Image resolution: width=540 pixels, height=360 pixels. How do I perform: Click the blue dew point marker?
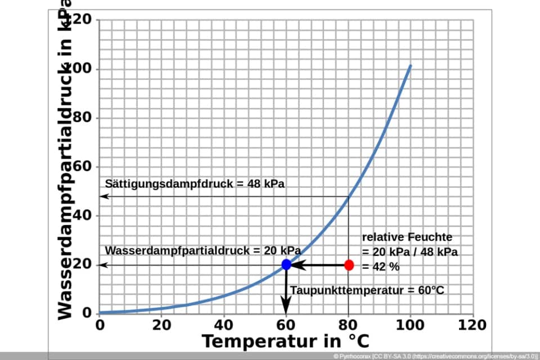(x=286, y=264)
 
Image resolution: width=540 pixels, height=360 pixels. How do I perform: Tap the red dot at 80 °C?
(x=349, y=265)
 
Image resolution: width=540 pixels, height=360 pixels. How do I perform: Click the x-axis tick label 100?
(x=411, y=325)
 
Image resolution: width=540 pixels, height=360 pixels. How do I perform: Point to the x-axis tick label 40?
(x=224, y=325)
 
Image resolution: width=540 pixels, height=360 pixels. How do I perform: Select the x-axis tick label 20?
(x=161, y=325)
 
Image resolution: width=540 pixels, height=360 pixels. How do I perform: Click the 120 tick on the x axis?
(x=473, y=325)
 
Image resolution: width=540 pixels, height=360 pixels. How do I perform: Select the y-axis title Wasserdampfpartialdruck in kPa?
(x=66, y=163)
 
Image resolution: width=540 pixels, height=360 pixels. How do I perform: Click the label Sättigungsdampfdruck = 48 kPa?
(x=195, y=184)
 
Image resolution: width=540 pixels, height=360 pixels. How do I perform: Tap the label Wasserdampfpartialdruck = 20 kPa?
(x=202, y=250)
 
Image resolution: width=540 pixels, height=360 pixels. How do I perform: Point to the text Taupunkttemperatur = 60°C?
(x=367, y=290)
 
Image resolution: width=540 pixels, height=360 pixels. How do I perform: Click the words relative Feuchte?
(x=407, y=237)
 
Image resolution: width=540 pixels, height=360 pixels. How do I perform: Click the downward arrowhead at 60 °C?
(x=286, y=308)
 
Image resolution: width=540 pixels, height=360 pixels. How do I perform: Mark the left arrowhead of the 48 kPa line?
(x=103, y=196)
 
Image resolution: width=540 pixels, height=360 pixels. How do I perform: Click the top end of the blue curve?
(x=411, y=66)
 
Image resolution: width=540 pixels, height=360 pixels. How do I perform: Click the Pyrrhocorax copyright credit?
(x=435, y=357)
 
